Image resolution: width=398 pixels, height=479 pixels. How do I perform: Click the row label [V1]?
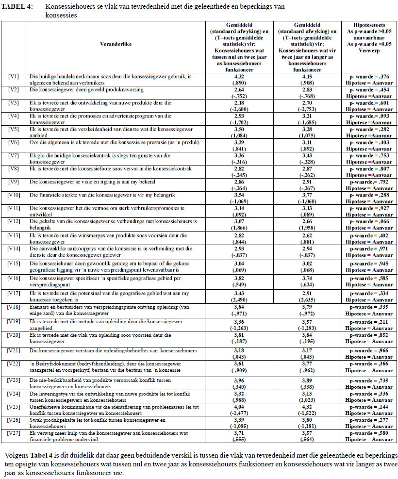[x=14, y=77]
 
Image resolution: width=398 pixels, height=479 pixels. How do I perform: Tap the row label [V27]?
[x=14, y=432]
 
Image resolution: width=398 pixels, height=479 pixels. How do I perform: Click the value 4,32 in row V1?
[x=239, y=77]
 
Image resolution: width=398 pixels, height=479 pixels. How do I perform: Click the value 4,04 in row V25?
[x=239, y=406]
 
